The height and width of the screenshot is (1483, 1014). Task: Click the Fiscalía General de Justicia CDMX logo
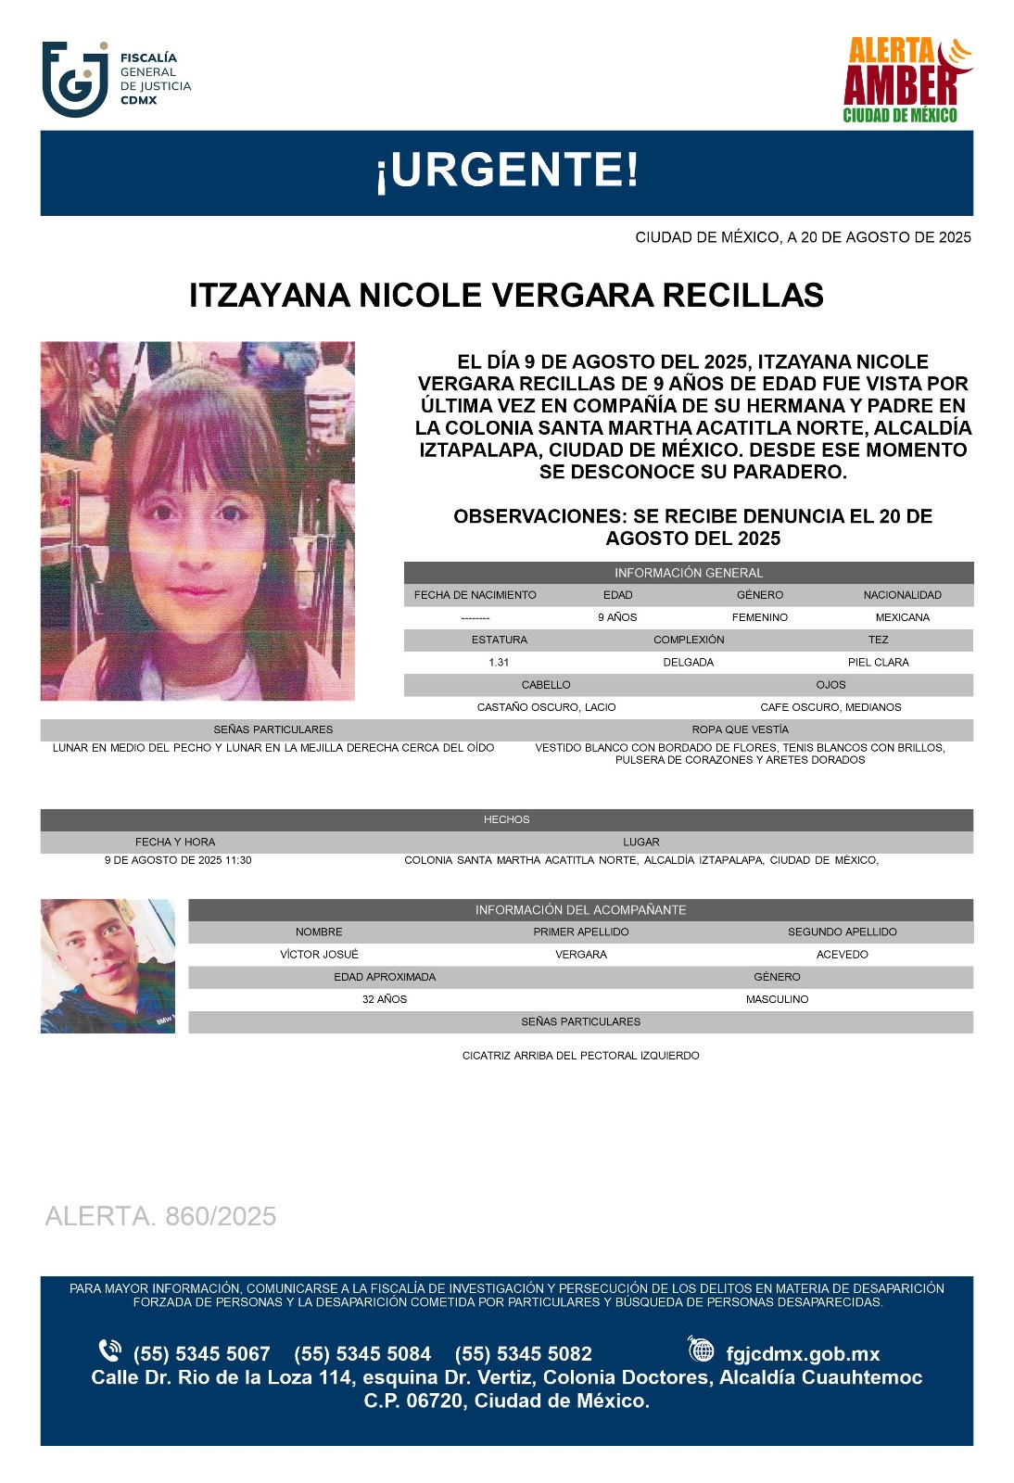point(116,79)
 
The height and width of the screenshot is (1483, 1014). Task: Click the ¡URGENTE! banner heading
point(506,171)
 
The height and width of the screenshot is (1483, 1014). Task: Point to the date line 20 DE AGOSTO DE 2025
point(803,237)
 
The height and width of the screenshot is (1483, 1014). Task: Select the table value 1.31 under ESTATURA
point(499,663)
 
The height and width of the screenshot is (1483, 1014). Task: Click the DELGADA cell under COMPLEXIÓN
point(688,663)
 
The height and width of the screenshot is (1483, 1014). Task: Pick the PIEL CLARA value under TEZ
point(878,663)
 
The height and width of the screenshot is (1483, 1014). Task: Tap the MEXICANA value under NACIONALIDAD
point(902,617)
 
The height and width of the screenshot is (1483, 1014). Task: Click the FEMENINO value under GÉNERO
point(759,617)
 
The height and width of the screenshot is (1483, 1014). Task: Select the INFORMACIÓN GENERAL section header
point(688,573)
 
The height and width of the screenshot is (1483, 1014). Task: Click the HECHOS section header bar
point(506,819)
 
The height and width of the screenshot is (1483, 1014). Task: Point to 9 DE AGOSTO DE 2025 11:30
point(178,860)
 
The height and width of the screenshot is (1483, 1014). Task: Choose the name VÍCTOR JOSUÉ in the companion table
point(319,955)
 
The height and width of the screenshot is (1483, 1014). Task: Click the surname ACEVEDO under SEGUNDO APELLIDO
point(842,955)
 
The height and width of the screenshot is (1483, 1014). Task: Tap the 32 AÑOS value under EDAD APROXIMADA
point(385,999)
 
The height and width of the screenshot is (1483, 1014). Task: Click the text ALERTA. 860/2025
point(160,1216)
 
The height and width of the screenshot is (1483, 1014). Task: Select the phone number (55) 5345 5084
point(362,1354)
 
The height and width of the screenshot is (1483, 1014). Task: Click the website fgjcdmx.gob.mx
point(802,1354)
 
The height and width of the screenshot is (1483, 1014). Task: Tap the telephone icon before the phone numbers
point(109,1350)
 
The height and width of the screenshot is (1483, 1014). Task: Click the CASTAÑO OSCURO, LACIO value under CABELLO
point(546,707)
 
